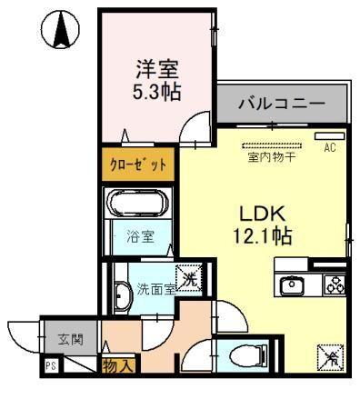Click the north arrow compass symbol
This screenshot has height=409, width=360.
61,29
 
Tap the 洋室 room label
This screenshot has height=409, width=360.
156,69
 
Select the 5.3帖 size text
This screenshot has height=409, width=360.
156,92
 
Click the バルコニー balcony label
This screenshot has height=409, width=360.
282,105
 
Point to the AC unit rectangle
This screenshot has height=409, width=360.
330,136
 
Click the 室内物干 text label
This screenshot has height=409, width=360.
272,157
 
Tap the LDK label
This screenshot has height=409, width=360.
263,214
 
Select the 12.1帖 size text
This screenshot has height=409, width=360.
263,236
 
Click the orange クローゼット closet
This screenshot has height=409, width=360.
138,165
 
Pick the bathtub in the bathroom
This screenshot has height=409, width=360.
139,203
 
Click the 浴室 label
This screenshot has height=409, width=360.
141,236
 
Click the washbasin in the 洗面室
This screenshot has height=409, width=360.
122,296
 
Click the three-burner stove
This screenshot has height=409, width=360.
335,285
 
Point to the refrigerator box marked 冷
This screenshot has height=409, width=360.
331,357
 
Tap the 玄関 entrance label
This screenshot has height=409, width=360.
70,340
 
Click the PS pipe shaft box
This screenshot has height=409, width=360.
52,365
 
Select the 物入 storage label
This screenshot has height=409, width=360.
118,366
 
